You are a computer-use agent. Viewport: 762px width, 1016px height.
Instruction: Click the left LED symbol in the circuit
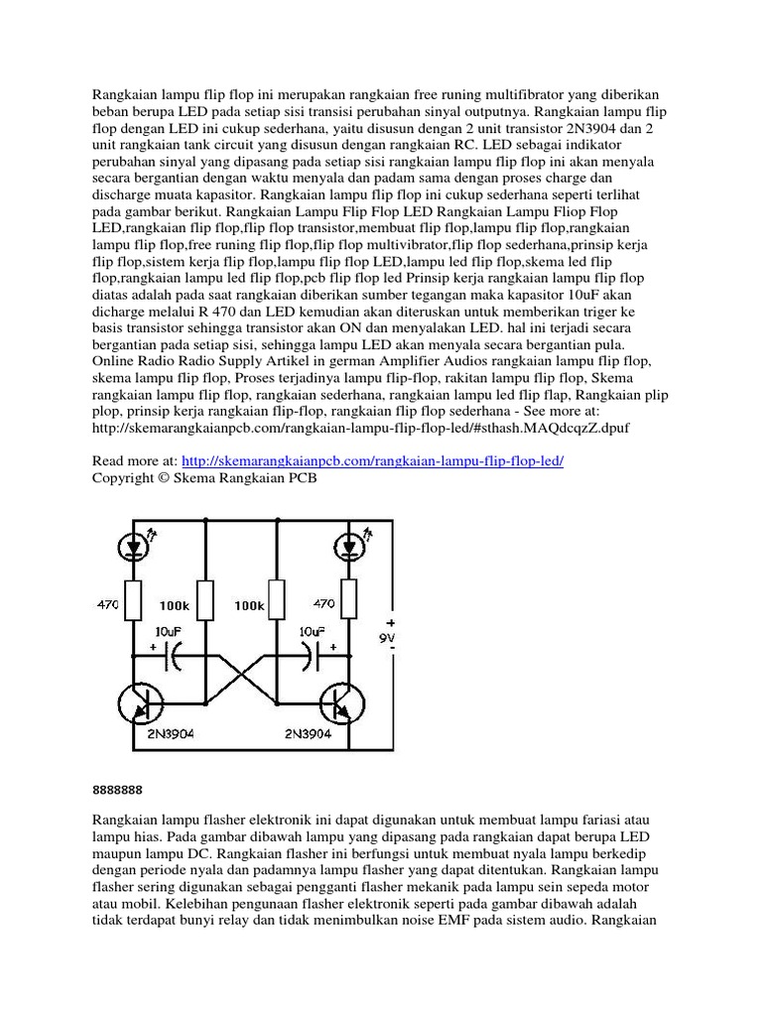(x=133, y=545)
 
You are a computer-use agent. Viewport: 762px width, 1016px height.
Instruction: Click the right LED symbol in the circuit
(x=348, y=545)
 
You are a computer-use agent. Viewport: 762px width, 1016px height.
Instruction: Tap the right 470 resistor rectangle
(x=348, y=598)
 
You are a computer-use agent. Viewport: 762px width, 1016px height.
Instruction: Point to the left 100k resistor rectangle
(x=205, y=598)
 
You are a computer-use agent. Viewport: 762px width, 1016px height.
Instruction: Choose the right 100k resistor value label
(x=249, y=603)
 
